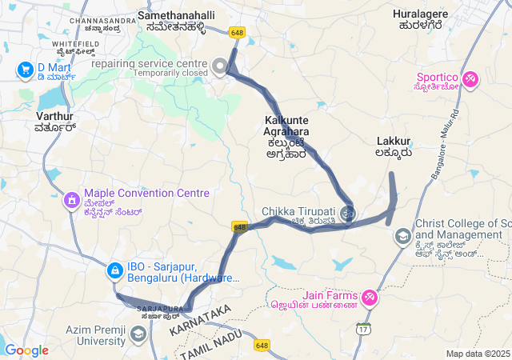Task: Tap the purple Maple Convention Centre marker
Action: coord(71,198)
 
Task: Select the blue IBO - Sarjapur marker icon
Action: coord(114,271)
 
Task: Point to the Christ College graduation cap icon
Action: coord(402,236)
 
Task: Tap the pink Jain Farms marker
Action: coord(370,298)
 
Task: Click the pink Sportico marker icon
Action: coord(470,79)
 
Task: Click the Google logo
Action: coord(26,350)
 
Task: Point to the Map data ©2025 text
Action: coord(478,354)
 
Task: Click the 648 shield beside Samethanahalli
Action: coord(237,33)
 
